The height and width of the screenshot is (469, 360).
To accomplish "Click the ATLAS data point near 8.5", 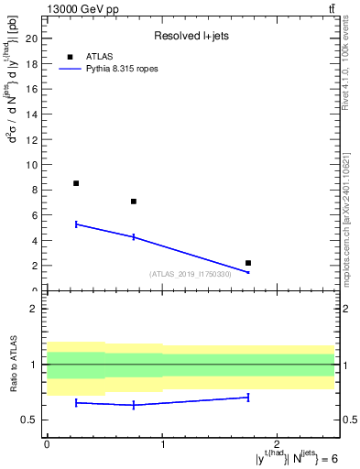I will tap(76, 183).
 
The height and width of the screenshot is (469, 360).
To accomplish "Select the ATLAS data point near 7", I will tap(134, 202).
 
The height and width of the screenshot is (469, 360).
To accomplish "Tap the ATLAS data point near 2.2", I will tap(248, 263).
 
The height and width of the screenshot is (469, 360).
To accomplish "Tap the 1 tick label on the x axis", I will tap(162, 444).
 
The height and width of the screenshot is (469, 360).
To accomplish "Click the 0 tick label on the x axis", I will tap(47, 444).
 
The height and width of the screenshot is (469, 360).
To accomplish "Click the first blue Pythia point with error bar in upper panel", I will tap(76, 224).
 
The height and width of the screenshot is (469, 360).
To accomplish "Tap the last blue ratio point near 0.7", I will tap(248, 397).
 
